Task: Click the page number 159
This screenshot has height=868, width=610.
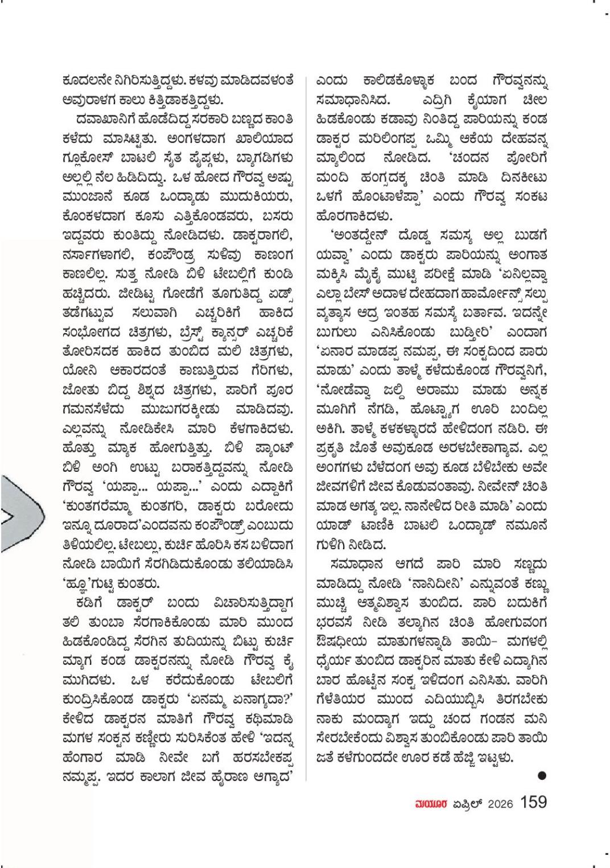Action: tap(533, 802)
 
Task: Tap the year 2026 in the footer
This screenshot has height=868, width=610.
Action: tap(500, 803)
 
